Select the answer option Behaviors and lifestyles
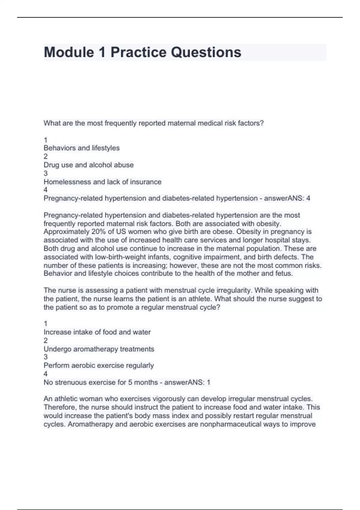82,148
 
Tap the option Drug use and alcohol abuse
88,165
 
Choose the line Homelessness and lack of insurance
102,182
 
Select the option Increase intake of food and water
97,332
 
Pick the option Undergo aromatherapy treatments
99,349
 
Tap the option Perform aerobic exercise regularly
98,365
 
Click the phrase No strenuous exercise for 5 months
100,382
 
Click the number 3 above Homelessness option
46,173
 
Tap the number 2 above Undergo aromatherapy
46,340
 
